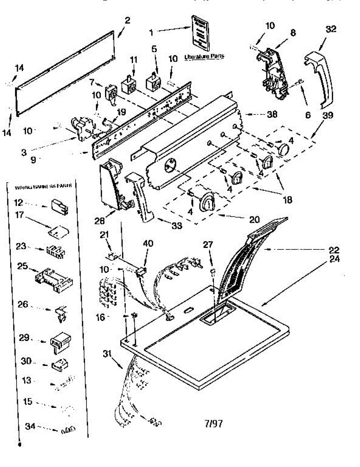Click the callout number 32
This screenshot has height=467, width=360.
[331, 29]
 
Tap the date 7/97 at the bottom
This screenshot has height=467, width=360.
[213, 423]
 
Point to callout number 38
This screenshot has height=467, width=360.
[272, 114]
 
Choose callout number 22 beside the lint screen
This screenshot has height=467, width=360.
[334, 249]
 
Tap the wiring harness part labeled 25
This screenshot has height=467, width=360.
[53, 277]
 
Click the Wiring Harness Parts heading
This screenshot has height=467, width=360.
[43, 186]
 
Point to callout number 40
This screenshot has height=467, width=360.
[148, 244]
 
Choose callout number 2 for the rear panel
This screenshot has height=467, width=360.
[127, 21]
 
